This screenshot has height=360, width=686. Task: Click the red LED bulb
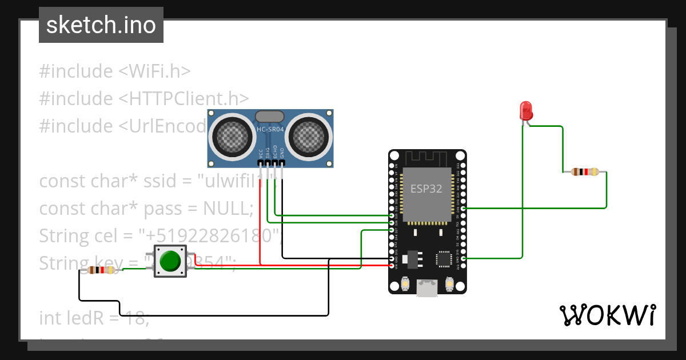(x=525, y=110)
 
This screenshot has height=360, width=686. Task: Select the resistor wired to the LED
(x=584, y=171)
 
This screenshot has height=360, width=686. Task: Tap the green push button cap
(x=170, y=261)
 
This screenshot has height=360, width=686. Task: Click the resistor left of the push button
(x=101, y=270)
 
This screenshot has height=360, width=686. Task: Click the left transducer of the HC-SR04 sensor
(x=232, y=137)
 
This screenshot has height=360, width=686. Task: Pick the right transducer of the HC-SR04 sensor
(x=309, y=137)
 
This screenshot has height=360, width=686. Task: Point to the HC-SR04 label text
(x=270, y=130)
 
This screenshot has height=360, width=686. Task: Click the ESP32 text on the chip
(x=426, y=189)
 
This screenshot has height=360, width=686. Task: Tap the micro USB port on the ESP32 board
(x=427, y=288)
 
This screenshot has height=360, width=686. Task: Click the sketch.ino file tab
(x=101, y=25)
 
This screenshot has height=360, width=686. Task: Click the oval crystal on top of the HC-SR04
(x=270, y=116)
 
